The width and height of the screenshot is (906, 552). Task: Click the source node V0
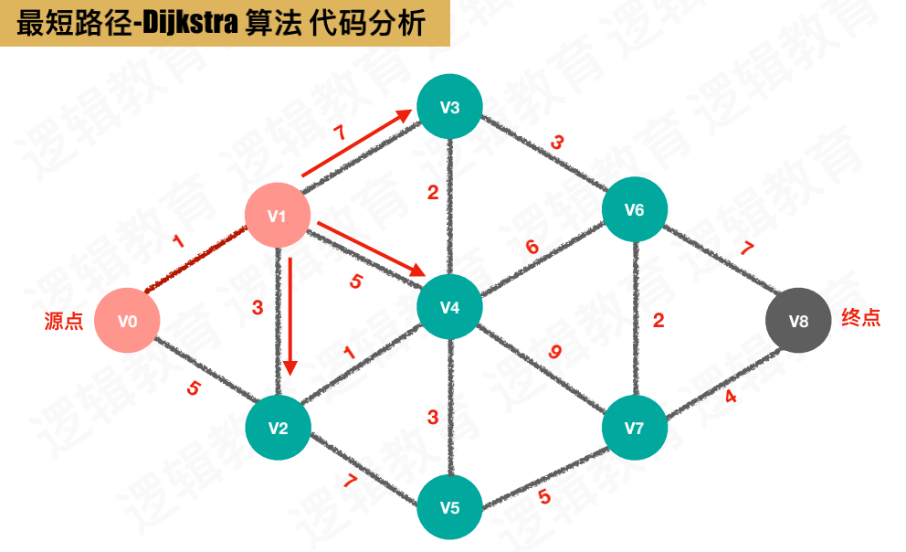(x=128, y=321)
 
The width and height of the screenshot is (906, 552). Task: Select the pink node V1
(x=278, y=216)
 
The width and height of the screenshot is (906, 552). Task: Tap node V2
(x=279, y=427)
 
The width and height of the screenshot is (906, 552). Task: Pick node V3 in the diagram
(x=449, y=107)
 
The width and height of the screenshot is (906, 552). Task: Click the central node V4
(x=449, y=307)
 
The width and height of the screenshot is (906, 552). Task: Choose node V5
(x=449, y=507)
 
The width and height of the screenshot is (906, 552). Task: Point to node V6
(x=635, y=209)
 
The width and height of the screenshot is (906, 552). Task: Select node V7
(x=635, y=427)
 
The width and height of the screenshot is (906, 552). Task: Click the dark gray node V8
(x=798, y=321)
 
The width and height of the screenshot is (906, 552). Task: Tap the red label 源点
(x=63, y=322)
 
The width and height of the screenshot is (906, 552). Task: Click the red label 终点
(x=860, y=320)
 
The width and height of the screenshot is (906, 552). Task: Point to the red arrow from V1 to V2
(x=290, y=315)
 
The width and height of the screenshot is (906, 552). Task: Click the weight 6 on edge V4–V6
(x=532, y=247)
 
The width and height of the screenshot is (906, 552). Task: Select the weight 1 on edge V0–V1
(x=178, y=241)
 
